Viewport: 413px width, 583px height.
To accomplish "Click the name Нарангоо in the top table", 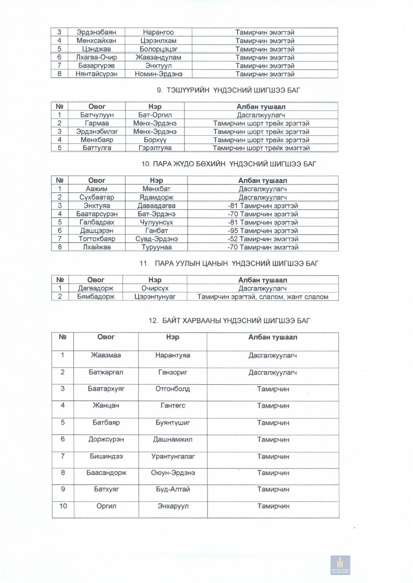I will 158,32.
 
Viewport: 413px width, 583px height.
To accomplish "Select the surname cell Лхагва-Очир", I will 96,57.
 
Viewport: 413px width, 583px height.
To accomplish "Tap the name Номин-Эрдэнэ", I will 158,74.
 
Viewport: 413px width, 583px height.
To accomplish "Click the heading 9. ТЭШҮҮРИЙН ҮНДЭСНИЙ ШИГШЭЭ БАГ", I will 228,90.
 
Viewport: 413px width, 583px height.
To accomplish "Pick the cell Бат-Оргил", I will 155,115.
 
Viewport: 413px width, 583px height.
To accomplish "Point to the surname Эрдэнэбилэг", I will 97,132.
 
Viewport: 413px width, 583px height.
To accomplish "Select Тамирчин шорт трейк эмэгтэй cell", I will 261,148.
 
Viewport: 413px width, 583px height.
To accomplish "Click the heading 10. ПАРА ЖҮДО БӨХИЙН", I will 228,164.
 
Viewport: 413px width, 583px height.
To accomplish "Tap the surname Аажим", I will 96,189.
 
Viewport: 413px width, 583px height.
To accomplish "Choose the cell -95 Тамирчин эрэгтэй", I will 263,230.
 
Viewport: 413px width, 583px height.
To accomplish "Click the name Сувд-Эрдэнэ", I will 156,239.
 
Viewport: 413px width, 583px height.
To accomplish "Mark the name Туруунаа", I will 156,247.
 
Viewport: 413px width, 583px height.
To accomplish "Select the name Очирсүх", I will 155,288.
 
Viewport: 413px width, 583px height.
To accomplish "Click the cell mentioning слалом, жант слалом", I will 263,296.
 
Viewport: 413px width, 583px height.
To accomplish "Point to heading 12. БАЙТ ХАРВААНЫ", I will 229,321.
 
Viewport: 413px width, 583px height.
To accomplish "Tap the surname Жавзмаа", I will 106,355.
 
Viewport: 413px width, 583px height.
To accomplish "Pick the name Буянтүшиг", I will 173,423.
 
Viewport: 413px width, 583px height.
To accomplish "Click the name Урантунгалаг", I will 173,456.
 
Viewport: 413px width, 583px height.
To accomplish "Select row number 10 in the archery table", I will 63,506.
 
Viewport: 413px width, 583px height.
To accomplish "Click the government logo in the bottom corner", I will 340,565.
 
